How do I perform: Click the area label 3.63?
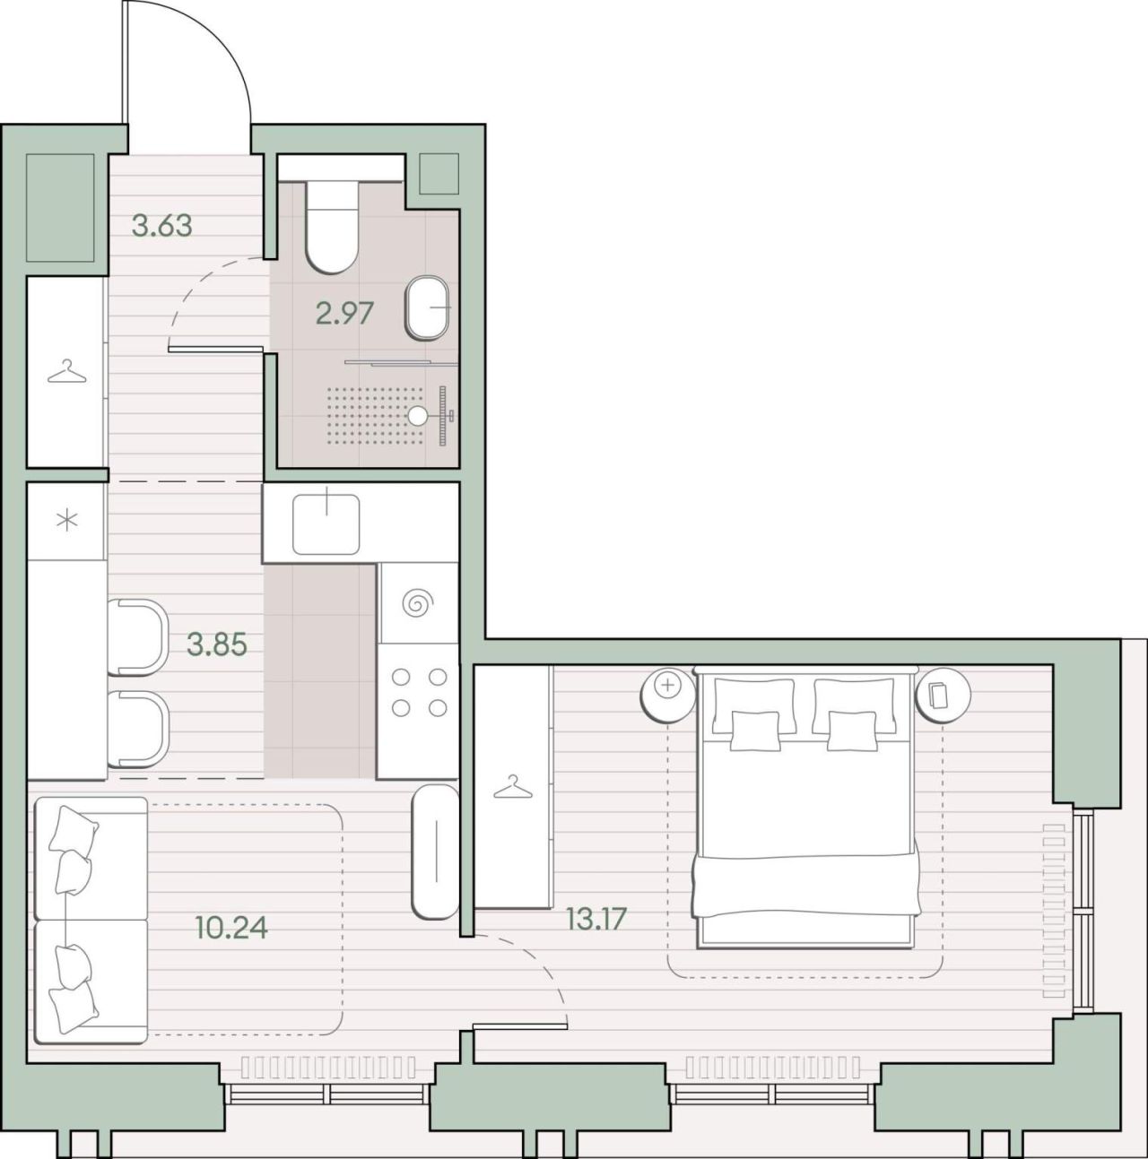coord(162,226)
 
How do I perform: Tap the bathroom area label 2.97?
coord(345,314)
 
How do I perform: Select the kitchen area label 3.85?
coord(217,645)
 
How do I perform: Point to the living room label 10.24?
coord(231,927)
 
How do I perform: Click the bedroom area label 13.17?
coord(596,919)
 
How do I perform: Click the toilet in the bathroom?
coord(331,227)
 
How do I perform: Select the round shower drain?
coord(418,414)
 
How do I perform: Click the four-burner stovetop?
coord(419,693)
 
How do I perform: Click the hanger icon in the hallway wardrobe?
coord(67,371)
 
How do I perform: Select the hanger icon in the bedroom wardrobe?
coord(512,787)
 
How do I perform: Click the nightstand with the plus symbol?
coord(668,693)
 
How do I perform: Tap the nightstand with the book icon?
coord(942,694)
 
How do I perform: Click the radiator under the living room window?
coord(328,1068)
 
